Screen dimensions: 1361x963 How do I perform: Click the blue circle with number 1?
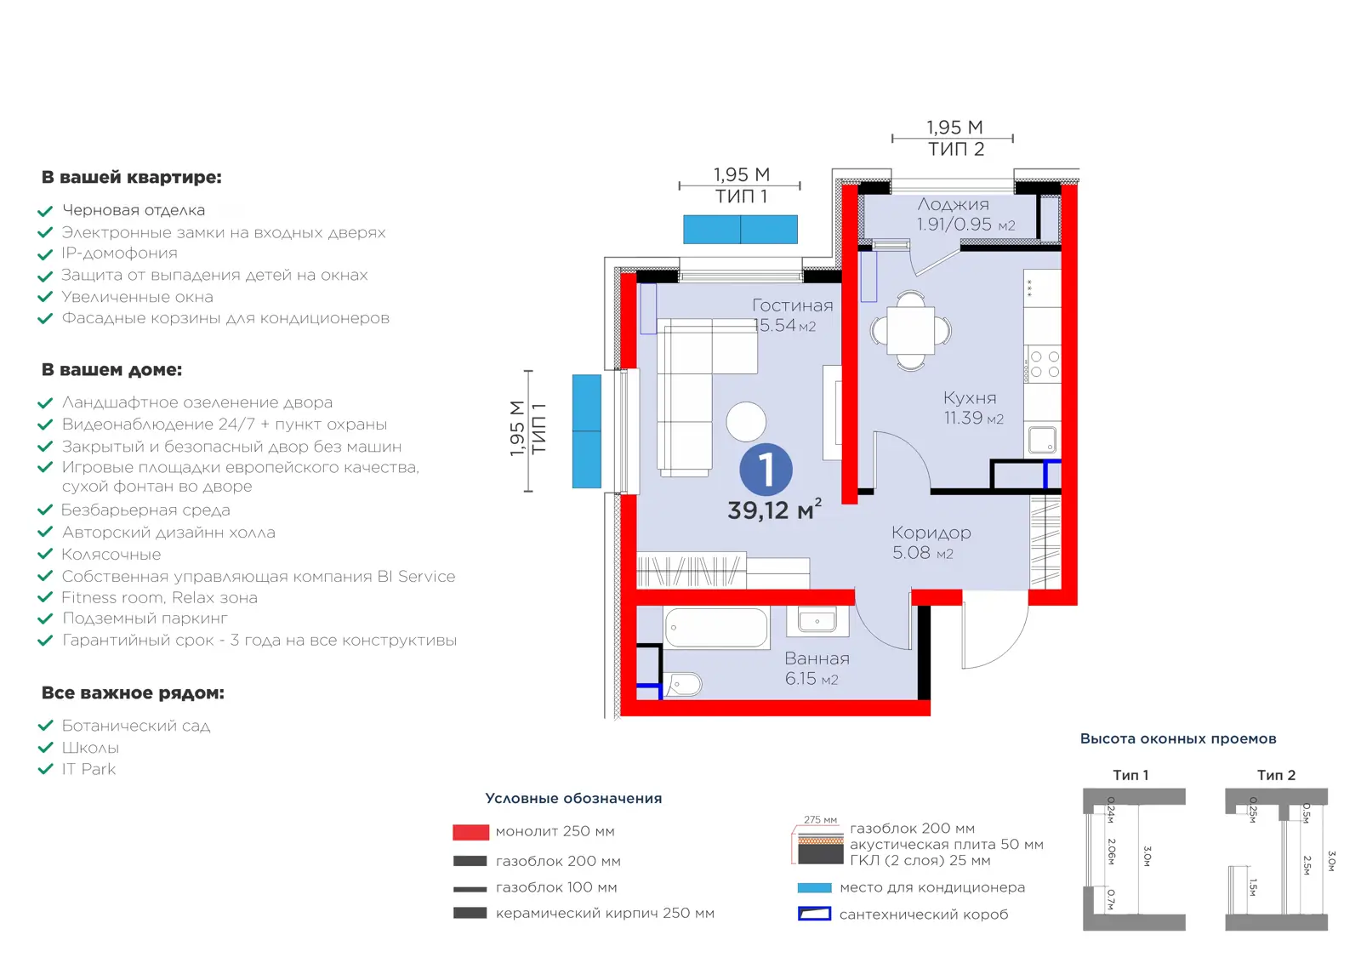coord(766,470)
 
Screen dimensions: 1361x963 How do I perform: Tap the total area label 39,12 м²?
coord(775,510)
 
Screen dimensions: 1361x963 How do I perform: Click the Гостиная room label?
coord(792,305)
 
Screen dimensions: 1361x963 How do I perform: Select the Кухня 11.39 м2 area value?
coord(973,418)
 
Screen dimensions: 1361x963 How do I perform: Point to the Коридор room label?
coord(931,533)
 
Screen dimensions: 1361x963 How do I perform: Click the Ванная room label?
coord(817,658)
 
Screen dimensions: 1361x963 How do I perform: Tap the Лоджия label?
coord(954,204)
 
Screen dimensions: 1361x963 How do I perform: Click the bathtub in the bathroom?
coord(716,628)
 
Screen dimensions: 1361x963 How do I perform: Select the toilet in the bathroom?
coord(684,685)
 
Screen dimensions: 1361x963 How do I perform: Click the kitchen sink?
coord(1042,440)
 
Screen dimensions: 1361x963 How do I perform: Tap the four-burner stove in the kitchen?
coord(1043,363)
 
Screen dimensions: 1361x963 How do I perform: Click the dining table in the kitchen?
coord(910,331)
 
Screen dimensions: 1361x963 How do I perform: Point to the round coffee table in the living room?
coord(746,422)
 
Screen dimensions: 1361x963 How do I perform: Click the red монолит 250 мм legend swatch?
coord(470,832)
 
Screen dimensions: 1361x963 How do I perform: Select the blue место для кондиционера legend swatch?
coord(814,887)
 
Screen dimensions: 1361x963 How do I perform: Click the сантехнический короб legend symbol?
coord(814,914)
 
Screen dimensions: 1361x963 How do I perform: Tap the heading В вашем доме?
coord(111,369)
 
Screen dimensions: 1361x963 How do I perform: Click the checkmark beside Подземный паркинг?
coord(45,618)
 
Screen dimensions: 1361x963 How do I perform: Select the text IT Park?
coord(88,768)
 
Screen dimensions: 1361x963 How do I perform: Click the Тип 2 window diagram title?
coord(1276,775)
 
